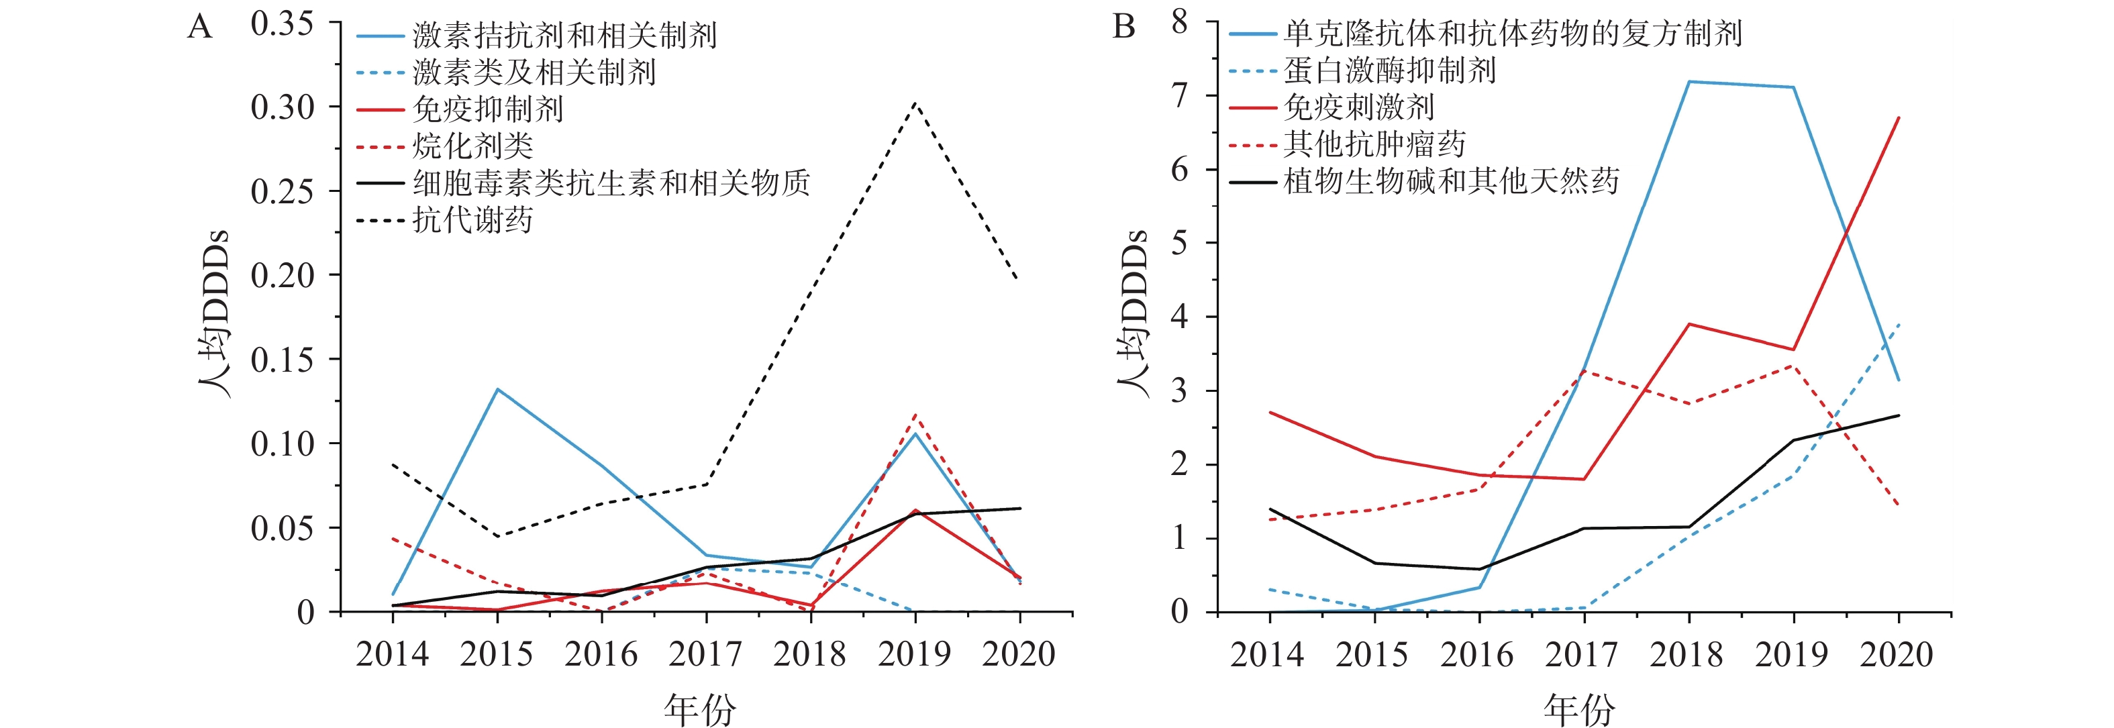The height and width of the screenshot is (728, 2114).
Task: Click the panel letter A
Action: click(x=199, y=28)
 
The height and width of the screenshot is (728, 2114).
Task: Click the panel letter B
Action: click(x=1123, y=28)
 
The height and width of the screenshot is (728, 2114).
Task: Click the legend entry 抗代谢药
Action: click(x=472, y=220)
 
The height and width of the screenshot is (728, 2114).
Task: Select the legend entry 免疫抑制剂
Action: click(x=487, y=109)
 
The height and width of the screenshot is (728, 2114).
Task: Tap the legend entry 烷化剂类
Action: click(x=472, y=146)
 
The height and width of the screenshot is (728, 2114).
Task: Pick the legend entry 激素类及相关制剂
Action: click(x=534, y=72)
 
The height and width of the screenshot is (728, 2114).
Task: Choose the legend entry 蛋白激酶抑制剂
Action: click(x=1389, y=70)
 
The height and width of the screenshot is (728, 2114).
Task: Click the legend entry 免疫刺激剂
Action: click(x=1359, y=107)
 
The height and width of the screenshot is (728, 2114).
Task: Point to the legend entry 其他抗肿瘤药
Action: click(x=1374, y=144)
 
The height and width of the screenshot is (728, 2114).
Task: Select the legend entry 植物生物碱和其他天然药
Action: click(x=1450, y=181)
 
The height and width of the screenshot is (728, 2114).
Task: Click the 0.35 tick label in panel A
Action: click(x=281, y=23)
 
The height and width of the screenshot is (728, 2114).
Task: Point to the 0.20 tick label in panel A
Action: click(x=281, y=276)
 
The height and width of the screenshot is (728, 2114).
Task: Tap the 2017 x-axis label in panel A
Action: click(x=705, y=654)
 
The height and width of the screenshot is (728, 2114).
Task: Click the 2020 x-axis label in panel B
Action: click(x=1896, y=654)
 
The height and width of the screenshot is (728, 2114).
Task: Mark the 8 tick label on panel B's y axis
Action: click(x=1179, y=21)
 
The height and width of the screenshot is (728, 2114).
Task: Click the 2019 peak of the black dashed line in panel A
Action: click(x=915, y=103)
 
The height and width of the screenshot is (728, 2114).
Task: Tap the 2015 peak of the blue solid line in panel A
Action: click(x=497, y=389)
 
